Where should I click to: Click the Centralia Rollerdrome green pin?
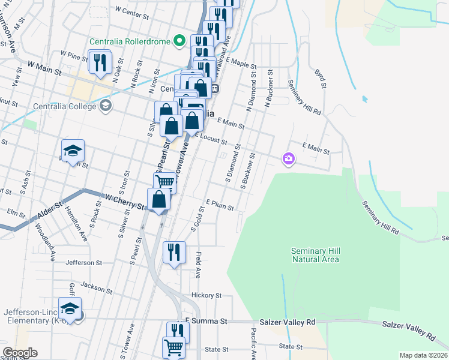(178, 41)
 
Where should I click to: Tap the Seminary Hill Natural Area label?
(315, 255)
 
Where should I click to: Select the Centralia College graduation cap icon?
(106, 106)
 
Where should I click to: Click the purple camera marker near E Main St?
(289, 158)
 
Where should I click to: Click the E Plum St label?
(219, 205)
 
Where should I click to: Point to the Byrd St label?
(320, 78)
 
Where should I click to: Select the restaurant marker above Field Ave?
(174, 252)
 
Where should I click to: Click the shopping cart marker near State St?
(173, 347)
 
